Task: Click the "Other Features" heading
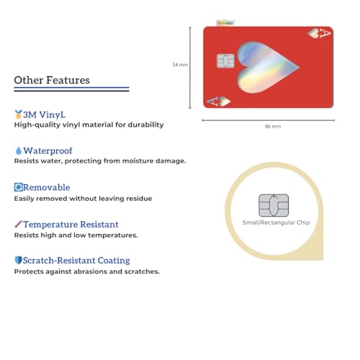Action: [52, 81]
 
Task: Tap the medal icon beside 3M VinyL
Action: [18, 114]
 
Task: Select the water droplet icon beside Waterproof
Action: [18, 150]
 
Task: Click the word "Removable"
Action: [47, 187]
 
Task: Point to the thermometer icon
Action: [18, 225]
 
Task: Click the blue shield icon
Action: [18, 261]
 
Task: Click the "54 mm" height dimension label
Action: [180, 65]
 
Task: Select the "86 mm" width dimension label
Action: [273, 127]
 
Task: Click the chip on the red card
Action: [225, 61]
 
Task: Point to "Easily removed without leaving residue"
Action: [83, 198]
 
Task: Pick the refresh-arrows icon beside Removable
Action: [18, 187]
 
